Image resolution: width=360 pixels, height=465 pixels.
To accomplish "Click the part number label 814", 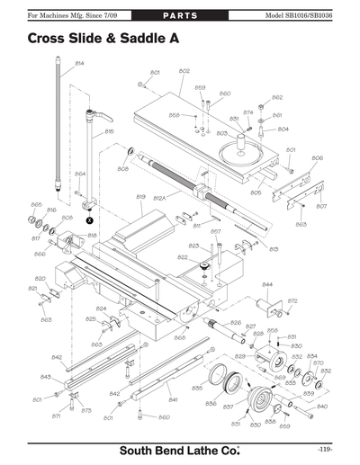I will click(x=79, y=63).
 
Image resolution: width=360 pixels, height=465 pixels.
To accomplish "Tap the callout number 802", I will click(x=184, y=71).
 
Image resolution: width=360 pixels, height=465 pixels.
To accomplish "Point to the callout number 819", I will click(x=140, y=196).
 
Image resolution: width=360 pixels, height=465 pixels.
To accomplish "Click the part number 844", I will click(x=267, y=284).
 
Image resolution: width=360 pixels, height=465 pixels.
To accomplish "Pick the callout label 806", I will click(x=317, y=158).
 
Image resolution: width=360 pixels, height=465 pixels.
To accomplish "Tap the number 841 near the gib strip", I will click(x=173, y=398).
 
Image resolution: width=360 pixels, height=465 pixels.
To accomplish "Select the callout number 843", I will click(x=45, y=377).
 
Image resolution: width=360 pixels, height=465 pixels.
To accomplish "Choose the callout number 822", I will click(x=183, y=258).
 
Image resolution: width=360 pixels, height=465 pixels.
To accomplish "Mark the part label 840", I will click(x=322, y=407).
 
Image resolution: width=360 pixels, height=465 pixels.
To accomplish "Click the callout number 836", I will click(x=210, y=404).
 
